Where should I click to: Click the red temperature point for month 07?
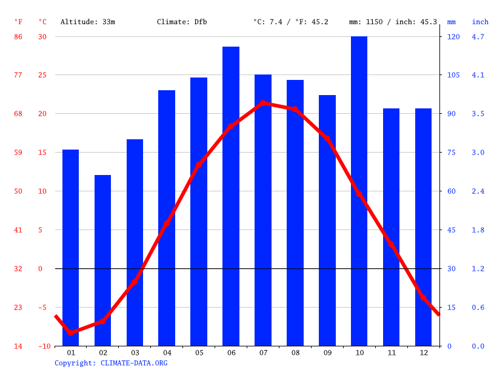pos(263,103)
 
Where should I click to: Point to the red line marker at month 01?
pos(71,333)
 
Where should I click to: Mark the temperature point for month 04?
pos(167,223)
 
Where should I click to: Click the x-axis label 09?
pos(327,352)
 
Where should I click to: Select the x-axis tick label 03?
pos(135,352)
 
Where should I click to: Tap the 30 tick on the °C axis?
pos(42,36)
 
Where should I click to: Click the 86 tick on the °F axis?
pos(18,36)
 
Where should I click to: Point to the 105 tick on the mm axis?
pos(453,75)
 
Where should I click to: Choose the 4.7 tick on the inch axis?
pos(478,36)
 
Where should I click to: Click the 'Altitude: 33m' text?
pos(88,22)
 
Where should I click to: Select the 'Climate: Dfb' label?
pos(182,22)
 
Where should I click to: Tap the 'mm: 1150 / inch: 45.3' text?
pos(393,22)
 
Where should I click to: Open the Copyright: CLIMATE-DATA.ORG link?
pos(111,363)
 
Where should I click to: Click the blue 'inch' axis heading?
pos(480,22)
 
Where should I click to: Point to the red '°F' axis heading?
pos(18,22)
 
